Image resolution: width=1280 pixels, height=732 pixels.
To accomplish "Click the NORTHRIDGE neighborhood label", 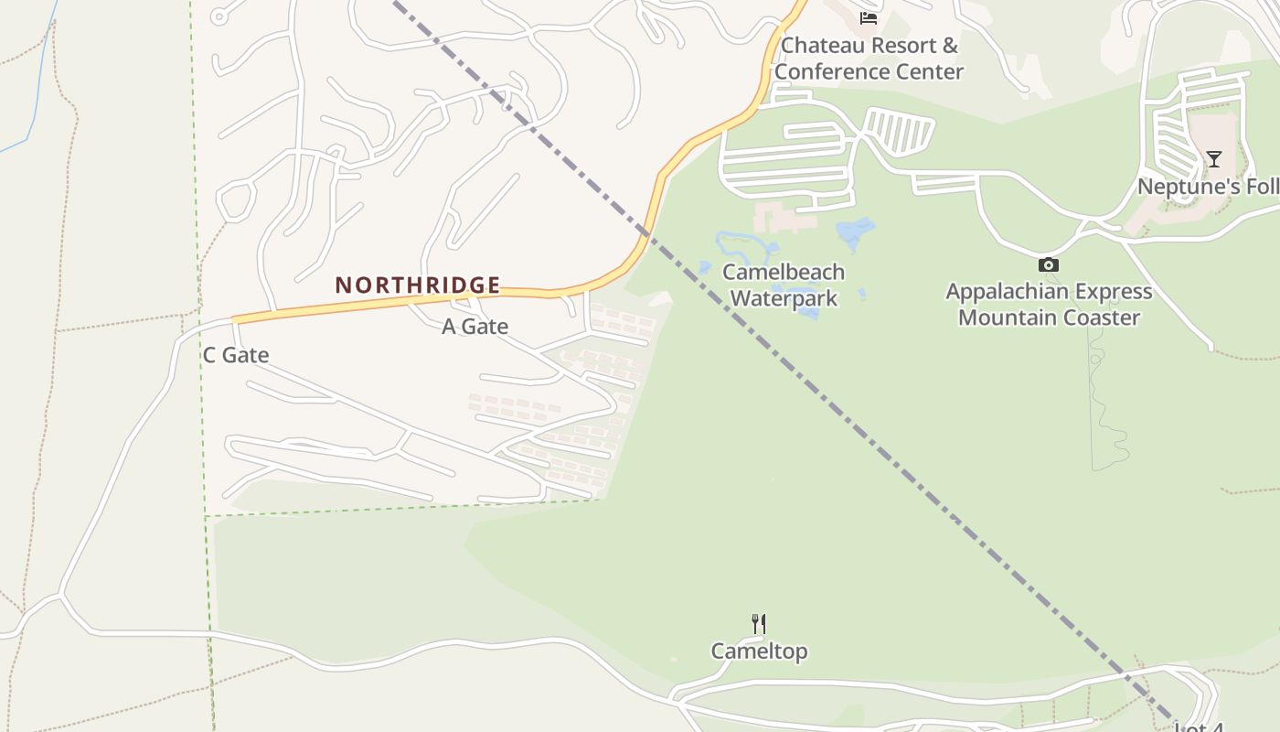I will tap(417, 285).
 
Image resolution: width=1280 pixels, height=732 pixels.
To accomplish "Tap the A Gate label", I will tap(475, 327).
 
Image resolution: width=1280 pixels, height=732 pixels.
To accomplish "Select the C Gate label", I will tap(236, 355).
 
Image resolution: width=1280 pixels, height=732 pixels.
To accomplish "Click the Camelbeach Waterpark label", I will tap(784, 285).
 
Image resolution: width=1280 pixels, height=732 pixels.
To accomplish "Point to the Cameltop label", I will tap(759, 651).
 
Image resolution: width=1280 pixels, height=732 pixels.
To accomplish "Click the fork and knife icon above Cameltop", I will tap(759, 624).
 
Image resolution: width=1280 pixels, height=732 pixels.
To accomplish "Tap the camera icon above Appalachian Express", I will tap(1049, 265).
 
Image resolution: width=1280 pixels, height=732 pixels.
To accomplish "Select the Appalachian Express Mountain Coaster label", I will tap(1049, 305).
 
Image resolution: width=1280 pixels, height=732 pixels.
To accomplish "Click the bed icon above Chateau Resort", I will tap(869, 17).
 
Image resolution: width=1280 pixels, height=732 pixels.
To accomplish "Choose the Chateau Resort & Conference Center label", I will tap(869, 59).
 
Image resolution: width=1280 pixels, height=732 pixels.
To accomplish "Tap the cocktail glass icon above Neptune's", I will tap(1213, 159).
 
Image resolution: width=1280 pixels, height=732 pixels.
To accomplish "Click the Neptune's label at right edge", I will tap(1207, 187).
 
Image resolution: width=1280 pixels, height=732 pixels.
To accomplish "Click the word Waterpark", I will tap(784, 298).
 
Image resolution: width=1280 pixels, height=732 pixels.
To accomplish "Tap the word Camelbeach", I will tap(784, 273).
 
